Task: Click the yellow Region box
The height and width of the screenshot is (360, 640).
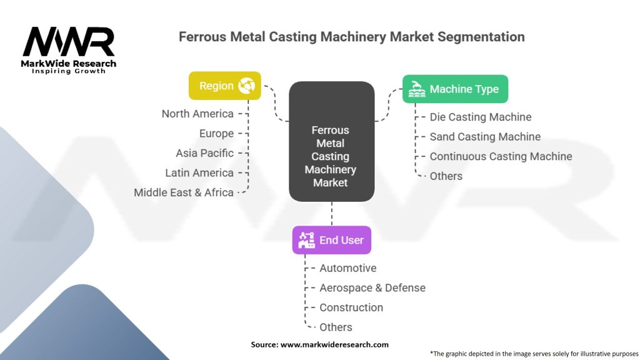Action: pyautogui.click(x=224, y=86)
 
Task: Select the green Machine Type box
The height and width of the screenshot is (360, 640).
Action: pyautogui.click(x=455, y=89)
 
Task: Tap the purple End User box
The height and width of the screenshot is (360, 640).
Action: pyautogui.click(x=331, y=240)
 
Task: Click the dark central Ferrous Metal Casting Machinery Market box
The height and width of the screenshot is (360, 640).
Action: pyautogui.click(x=331, y=141)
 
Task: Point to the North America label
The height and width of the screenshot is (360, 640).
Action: pyautogui.click(x=197, y=114)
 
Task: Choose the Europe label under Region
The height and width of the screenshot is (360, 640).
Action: pyautogui.click(x=216, y=134)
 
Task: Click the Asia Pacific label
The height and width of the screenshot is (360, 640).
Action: pyautogui.click(x=205, y=153)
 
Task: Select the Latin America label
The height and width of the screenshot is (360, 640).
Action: pyautogui.click(x=199, y=172)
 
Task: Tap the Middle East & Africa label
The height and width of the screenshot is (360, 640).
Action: pyautogui.click(x=184, y=192)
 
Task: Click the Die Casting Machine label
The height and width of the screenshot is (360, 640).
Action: pyautogui.click(x=481, y=117)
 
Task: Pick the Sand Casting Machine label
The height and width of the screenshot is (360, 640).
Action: pyautogui.click(x=485, y=137)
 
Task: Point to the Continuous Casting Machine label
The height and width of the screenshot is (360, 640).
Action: pyautogui.click(x=501, y=156)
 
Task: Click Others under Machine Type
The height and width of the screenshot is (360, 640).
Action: pyautogui.click(x=446, y=176)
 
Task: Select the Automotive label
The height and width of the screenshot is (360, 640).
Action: pyautogui.click(x=347, y=268)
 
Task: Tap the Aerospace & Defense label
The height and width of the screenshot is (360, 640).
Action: pyautogui.click(x=372, y=287)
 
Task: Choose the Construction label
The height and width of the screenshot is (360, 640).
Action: pyautogui.click(x=351, y=307)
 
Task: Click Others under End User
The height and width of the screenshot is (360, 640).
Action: pyautogui.click(x=336, y=327)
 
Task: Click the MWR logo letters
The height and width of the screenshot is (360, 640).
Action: pyautogui.click(x=69, y=41)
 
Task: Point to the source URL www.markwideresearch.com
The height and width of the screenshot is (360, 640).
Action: pyautogui.click(x=334, y=344)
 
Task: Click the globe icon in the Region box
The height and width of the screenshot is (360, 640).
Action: pyautogui.click(x=246, y=86)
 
